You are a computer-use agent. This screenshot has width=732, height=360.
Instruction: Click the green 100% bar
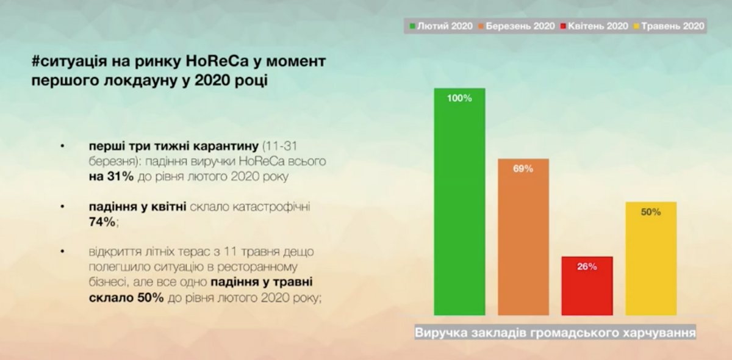click(459, 202)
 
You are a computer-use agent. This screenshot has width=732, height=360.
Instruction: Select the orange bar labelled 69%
click(523, 237)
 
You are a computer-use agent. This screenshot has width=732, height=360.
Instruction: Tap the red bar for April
click(587, 286)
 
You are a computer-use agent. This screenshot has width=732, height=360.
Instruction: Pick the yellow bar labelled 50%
click(651, 259)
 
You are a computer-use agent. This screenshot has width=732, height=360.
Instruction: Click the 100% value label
click(459, 98)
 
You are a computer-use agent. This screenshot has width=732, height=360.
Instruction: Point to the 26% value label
click(587, 267)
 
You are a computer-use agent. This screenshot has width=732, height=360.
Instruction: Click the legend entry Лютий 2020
click(441, 26)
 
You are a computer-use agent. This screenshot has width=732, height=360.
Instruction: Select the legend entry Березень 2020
click(517, 26)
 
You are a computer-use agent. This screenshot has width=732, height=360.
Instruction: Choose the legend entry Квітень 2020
click(594, 26)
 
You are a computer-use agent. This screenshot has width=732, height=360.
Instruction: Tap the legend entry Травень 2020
click(669, 26)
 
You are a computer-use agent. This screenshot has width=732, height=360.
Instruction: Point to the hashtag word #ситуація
click(70, 62)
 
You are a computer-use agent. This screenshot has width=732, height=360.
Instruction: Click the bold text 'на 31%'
click(111, 176)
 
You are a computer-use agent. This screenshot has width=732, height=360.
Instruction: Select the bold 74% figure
click(102, 222)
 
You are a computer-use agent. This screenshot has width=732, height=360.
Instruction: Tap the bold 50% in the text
click(150, 298)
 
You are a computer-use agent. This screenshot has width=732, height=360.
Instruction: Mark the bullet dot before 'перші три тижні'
click(62, 146)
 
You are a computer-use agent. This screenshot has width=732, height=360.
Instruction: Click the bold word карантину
click(226, 146)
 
